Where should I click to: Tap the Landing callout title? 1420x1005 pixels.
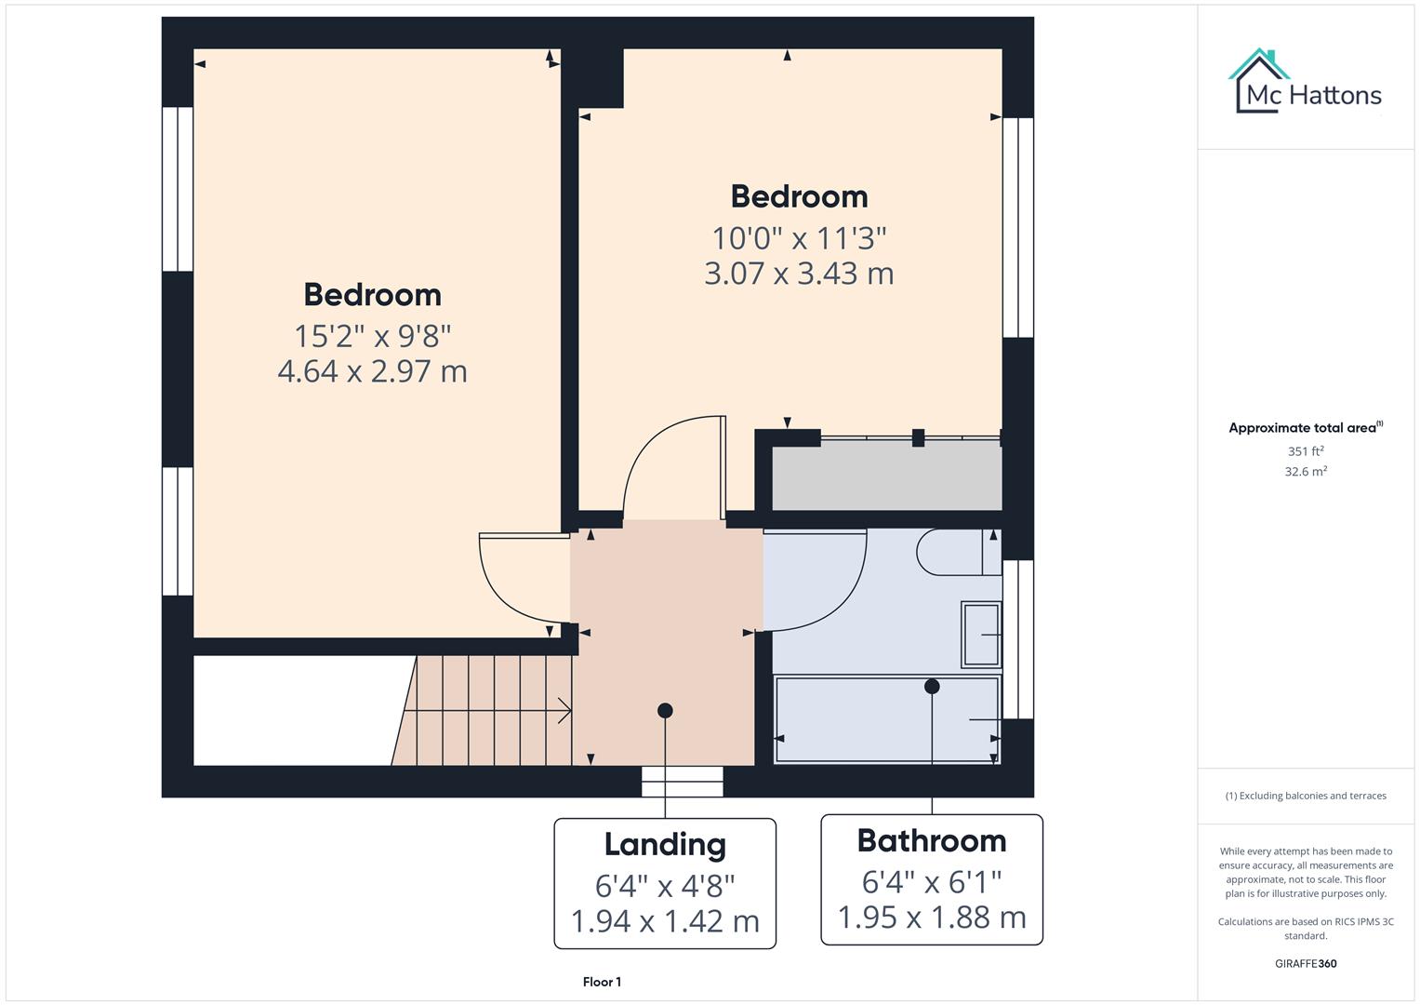click(665, 845)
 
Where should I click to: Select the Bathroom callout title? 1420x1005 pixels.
click(932, 841)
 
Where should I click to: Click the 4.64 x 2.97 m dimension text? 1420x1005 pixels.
click(372, 371)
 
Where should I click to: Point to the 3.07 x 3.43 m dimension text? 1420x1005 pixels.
click(799, 274)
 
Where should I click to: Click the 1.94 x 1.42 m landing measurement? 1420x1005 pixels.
click(665, 921)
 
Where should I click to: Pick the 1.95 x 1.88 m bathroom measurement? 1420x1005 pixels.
click(932, 918)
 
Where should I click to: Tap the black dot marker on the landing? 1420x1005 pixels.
click(665, 711)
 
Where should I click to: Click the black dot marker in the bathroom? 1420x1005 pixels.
click(932, 687)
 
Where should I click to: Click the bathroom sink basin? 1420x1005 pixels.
click(980, 635)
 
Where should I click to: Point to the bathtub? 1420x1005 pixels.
click(886, 720)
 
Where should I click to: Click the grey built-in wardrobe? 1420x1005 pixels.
click(886, 476)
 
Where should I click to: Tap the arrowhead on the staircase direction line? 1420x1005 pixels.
click(564, 711)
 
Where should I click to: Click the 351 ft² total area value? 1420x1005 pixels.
click(1306, 451)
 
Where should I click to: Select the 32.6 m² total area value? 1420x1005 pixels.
click(1306, 472)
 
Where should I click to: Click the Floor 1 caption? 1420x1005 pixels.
click(602, 982)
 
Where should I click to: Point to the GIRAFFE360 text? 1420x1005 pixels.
click(1306, 964)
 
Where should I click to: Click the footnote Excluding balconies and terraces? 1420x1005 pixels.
click(1306, 796)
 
